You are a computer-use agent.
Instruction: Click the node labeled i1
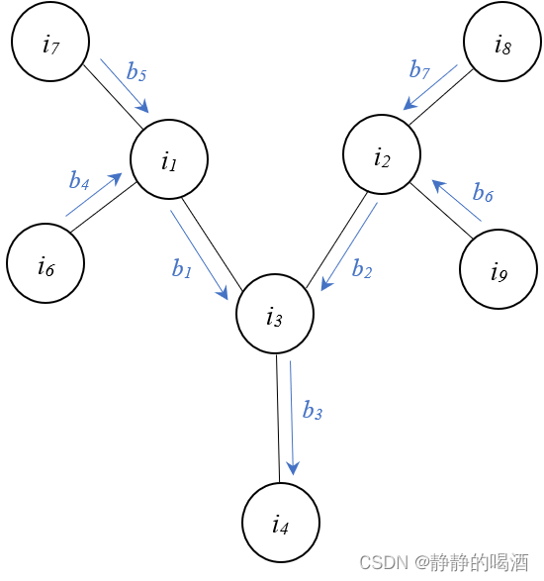[169, 159]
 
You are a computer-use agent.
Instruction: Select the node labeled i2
[382, 154]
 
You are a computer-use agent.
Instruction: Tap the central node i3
[275, 316]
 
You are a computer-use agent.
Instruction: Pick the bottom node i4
[281, 523]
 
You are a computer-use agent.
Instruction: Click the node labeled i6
[45, 264]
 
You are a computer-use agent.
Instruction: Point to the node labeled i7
[50, 42]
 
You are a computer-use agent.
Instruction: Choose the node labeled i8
[502, 42]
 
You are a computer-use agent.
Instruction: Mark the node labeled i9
[499, 269]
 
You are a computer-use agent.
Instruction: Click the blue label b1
[181, 268]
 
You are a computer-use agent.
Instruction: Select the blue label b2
[362, 270]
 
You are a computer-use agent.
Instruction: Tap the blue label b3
[313, 411]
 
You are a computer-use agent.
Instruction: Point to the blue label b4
[79, 180]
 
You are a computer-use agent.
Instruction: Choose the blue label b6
[483, 192]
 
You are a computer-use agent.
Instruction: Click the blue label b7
[419, 69]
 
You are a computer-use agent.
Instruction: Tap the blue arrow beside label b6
[457, 200]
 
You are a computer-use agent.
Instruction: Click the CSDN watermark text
[443, 562]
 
